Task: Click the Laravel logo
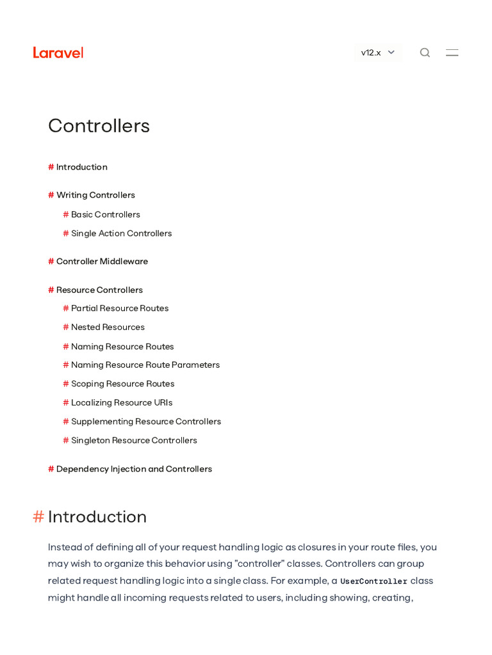pos(58,52)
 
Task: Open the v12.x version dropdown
pos(378,52)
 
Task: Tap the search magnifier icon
pos(425,52)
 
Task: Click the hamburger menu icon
pos(452,52)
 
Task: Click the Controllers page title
pos(99,125)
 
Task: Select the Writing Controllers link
pos(95,195)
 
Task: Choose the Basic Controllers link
pos(105,214)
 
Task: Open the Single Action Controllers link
pos(121,233)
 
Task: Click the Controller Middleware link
pos(102,262)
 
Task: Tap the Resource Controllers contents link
pos(99,290)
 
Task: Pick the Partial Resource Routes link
pos(120,308)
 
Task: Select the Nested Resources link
pos(108,327)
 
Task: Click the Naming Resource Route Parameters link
pos(145,365)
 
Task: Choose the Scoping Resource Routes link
pos(122,384)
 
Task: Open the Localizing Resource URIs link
pos(122,403)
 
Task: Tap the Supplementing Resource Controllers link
pos(146,422)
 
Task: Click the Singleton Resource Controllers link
pos(134,441)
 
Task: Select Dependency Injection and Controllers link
pos(134,469)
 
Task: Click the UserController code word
pos(373,581)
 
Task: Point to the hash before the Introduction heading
pos(38,517)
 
